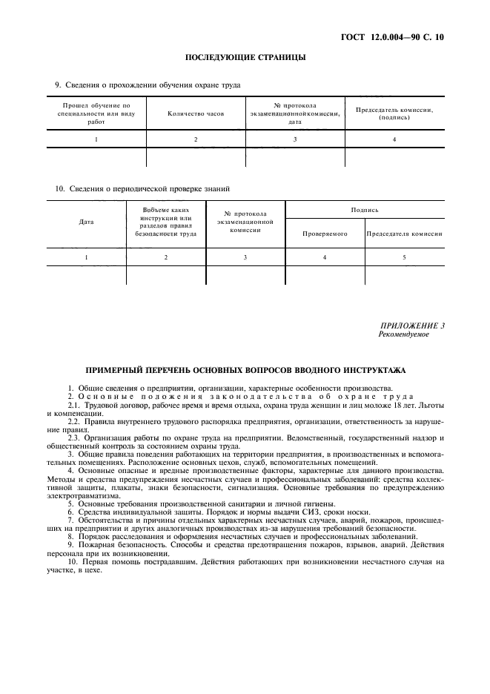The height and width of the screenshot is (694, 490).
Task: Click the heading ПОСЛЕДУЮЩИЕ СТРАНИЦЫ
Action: [245, 57]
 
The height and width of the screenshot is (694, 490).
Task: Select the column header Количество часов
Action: [196, 113]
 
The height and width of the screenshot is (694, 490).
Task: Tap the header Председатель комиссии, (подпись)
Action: [394, 113]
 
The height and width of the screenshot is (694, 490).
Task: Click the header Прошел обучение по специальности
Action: [96, 113]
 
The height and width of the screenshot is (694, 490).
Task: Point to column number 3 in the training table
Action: [295, 139]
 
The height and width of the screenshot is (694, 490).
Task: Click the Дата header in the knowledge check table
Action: [86, 222]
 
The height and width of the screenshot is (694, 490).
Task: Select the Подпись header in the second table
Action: [365, 211]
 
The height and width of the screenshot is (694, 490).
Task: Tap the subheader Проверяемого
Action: [325, 234]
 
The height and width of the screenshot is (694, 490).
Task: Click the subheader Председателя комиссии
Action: [404, 234]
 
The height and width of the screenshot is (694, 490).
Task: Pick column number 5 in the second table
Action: [404, 257]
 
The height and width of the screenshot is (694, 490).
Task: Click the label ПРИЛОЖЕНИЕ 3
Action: [411, 325]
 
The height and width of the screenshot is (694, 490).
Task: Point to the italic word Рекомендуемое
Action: [403, 334]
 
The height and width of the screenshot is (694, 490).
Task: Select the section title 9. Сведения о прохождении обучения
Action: [148, 85]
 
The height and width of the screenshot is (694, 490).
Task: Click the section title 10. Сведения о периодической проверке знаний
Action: [142, 188]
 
